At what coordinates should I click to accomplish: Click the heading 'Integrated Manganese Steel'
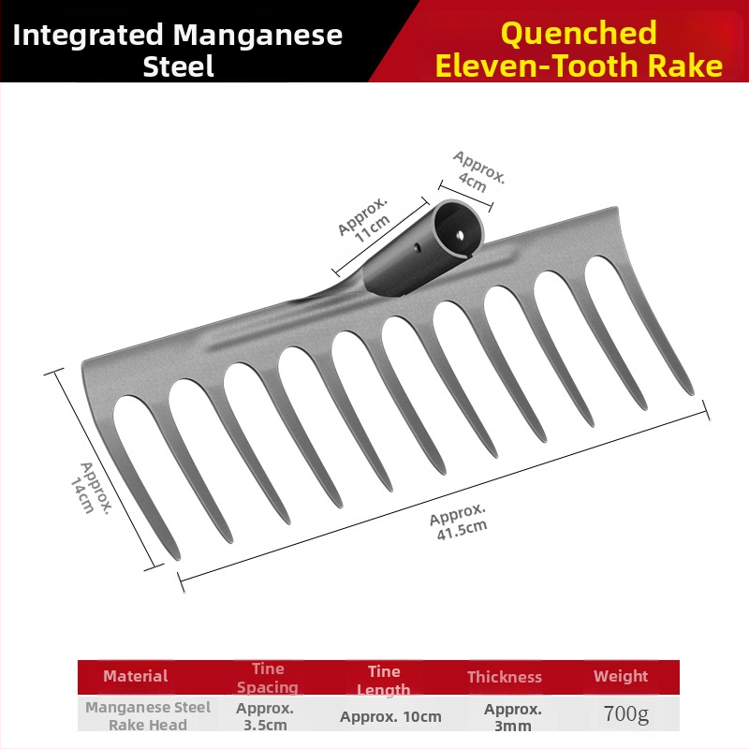(178, 50)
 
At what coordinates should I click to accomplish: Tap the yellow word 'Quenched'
(579, 34)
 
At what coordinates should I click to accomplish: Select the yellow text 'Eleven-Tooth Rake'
(579, 66)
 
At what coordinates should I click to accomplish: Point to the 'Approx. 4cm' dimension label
(478, 171)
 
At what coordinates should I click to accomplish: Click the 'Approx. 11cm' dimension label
(364, 219)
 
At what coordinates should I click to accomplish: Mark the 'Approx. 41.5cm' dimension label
(459, 521)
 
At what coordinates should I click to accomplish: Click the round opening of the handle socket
(459, 228)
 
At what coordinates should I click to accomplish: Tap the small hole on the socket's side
(417, 247)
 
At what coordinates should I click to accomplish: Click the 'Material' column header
(136, 676)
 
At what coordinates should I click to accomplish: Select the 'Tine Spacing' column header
(268, 678)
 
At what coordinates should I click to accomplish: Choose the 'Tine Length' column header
(384, 681)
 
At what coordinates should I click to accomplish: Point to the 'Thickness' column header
(505, 677)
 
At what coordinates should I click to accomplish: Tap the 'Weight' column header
(621, 676)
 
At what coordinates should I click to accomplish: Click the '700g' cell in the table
(626, 713)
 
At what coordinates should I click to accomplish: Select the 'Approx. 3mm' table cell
(512, 717)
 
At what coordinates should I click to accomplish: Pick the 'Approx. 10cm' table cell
(390, 716)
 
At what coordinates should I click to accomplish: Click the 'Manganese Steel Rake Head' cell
(148, 716)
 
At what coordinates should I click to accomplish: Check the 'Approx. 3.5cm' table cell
(265, 716)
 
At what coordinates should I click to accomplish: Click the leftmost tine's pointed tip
(177, 558)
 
